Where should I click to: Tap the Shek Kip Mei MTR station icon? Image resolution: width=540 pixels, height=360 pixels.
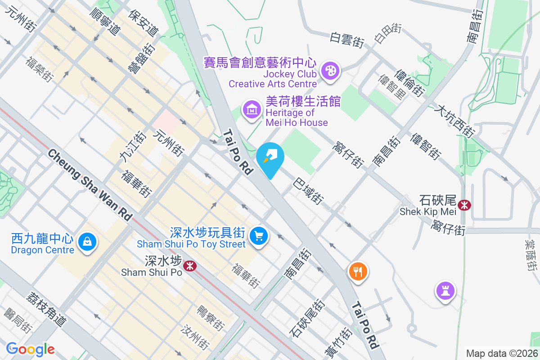point(463,206)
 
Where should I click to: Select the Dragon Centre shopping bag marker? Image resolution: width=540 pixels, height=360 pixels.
point(87,242)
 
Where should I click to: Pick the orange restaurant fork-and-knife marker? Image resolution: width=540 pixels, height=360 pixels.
point(358,271)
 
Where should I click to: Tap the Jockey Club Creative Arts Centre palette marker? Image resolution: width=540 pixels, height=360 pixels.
point(331,71)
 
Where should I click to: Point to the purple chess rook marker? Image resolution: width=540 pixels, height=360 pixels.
point(445,291)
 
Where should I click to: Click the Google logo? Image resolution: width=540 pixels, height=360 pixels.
point(30,349)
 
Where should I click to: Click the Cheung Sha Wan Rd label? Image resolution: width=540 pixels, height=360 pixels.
point(90,185)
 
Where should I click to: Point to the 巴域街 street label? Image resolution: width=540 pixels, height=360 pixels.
point(308,192)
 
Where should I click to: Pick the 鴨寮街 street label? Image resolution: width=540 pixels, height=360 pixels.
point(211,317)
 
